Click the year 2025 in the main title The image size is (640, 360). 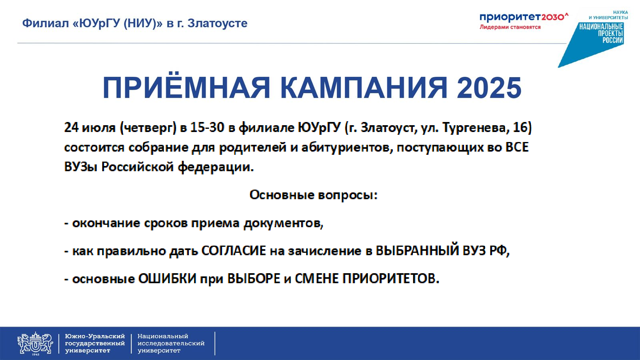[489, 88]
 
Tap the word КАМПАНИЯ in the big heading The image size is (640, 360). [364, 88]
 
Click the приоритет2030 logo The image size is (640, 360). [524, 17]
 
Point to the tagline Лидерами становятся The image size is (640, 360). [510, 27]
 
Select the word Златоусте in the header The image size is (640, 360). [218, 23]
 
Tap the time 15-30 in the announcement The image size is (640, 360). [207, 128]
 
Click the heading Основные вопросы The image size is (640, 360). [314, 195]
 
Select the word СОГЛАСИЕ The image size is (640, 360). [234, 251]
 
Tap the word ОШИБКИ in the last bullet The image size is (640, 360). [168, 278]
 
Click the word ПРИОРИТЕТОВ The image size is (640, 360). [391, 278]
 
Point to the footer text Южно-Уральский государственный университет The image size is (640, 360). [95, 344]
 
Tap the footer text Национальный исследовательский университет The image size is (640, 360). [171, 344]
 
